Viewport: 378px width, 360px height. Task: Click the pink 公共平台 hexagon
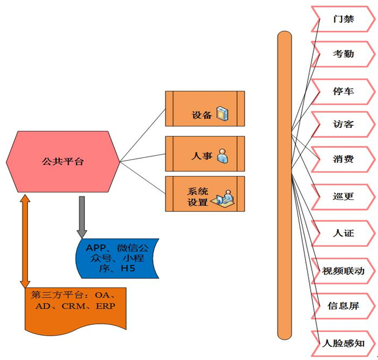[62, 161]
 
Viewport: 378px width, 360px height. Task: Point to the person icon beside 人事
[222, 156]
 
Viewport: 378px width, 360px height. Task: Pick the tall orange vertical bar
[285, 185]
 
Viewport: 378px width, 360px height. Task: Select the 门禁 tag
[344, 20]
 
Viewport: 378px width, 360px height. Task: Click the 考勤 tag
[344, 54]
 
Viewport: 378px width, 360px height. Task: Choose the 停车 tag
[344, 91]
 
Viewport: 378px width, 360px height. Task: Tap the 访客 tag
[344, 124]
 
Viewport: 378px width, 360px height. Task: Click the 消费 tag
[344, 159]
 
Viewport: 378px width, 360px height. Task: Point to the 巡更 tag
[344, 196]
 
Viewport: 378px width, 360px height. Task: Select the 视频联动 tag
[344, 271]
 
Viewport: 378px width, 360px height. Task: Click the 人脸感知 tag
[344, 343]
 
